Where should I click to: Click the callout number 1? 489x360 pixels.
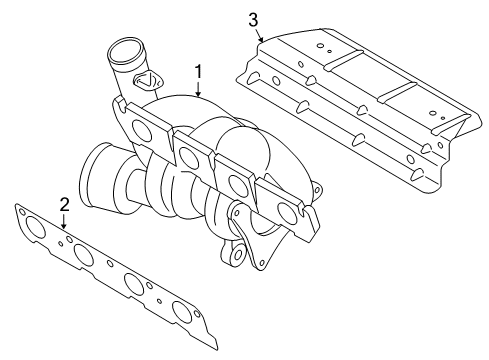(x=198, y=72)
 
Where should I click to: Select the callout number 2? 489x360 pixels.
(x=64, y=204)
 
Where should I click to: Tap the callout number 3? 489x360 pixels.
(x=253, y=20)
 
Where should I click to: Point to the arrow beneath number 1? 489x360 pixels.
(x=198, y=89)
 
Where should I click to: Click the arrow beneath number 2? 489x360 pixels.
(x=64, y=221)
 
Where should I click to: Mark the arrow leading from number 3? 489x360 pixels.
(x=260, y=35)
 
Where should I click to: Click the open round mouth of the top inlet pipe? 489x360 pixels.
(x=126, y=52)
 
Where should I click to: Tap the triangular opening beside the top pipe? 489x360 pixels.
(x=146, y=80)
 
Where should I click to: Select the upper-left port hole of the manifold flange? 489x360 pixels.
(x=142, y=130)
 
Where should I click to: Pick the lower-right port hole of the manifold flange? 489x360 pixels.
(x=288, y=213)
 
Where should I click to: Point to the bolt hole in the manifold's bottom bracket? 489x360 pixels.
(x=238, y=255)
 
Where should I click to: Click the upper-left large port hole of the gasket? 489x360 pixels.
(x=35, y=227)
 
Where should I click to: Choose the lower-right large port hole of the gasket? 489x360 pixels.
(x=182, y=312)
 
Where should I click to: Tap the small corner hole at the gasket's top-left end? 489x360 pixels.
(x=22, y=211)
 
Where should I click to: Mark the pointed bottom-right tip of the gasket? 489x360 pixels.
(x=218, y=349)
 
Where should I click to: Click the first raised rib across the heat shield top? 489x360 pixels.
(x=343, y=60)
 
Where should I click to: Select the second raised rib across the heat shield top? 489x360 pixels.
(x=397, y=92)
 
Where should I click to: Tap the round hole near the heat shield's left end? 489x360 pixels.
(x=276, y=81)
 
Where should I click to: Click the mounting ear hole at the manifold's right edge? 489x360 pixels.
(x=317, y=189)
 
